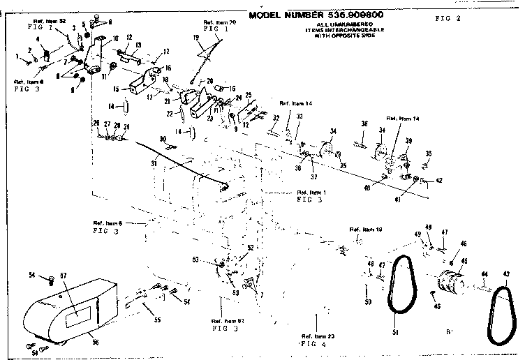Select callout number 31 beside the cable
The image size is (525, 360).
pyautogui.click(x=154, y=164)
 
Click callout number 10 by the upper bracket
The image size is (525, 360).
pyautogui.click(x=115, y=37)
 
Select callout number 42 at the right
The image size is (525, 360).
pyautogui.click(x=439, y=181)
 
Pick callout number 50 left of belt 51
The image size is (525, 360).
pyautogui.click(x=369, y=301)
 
